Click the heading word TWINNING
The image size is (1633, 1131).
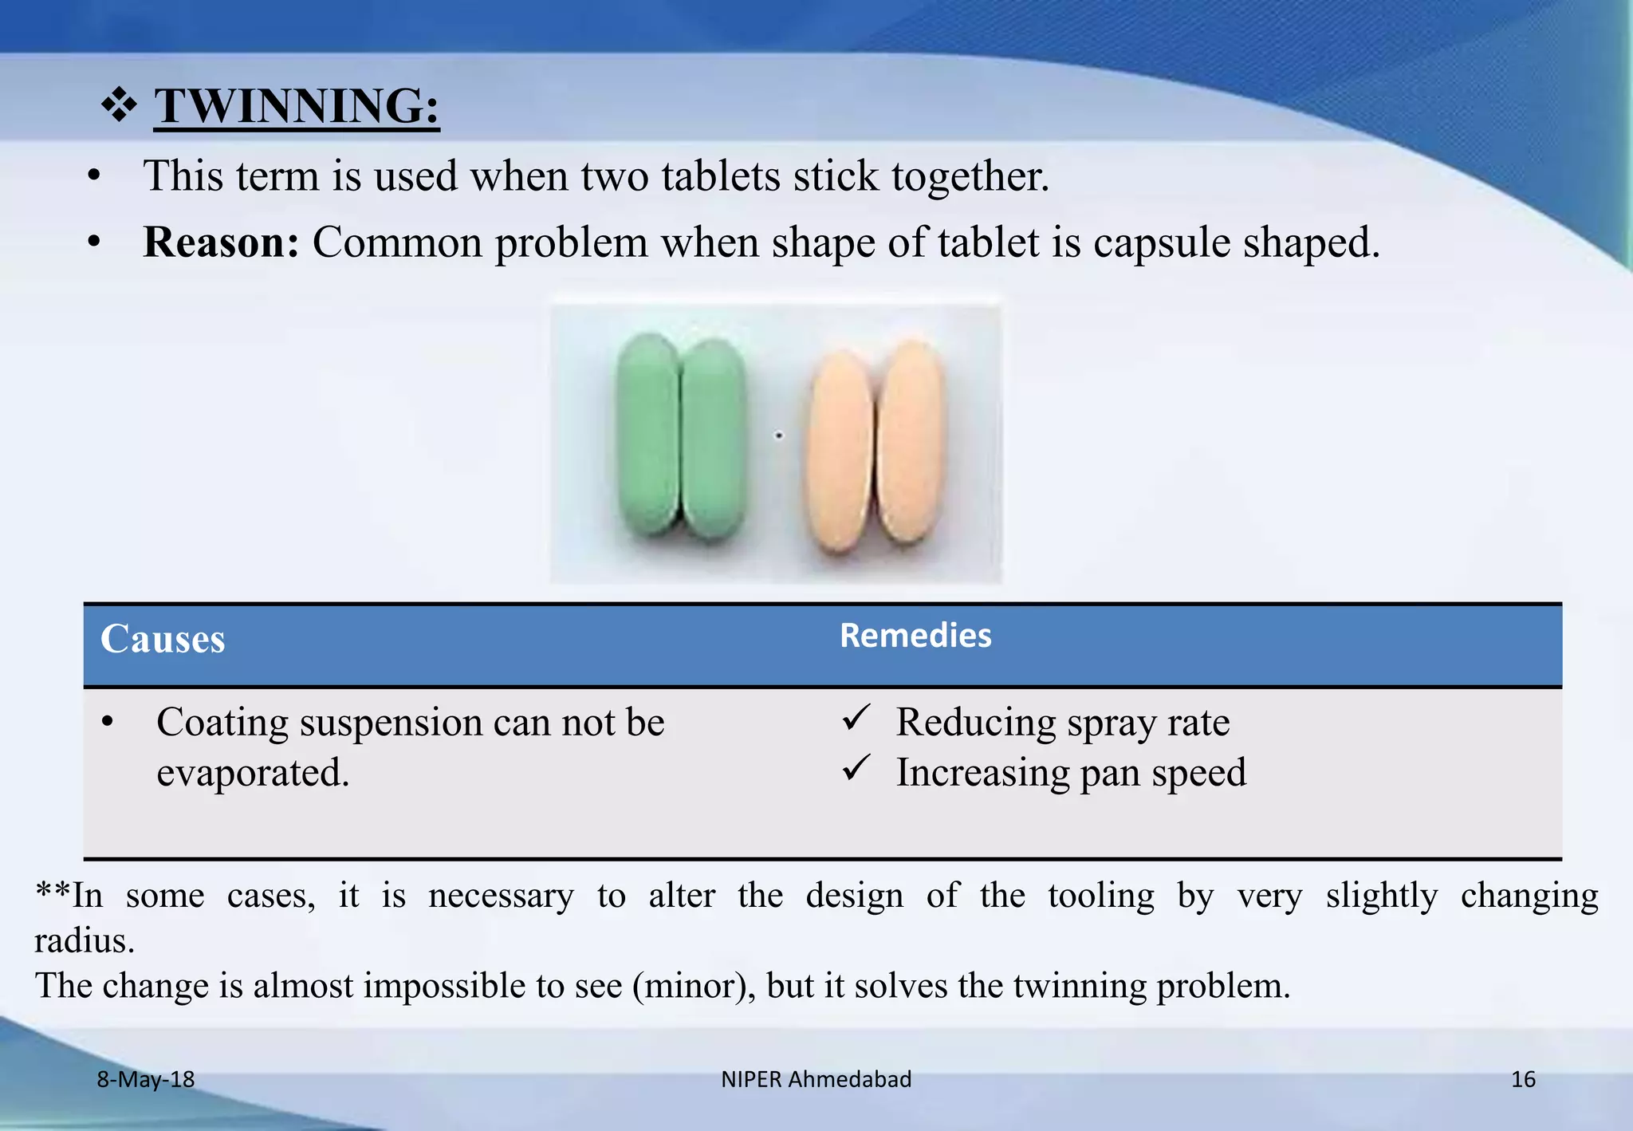click(x=296, y=106)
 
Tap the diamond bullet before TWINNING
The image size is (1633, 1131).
click(x=119, y=106)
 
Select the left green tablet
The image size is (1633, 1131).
click(x=648, y=434)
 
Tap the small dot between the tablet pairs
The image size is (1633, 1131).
click(x=779, y=435)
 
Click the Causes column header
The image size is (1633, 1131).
click(x=163, y=640)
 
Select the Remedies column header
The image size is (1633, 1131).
click(x=915, y=636)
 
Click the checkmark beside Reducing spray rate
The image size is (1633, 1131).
click(x=856, y=718)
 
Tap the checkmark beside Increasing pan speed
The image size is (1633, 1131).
click(x=856, y=768)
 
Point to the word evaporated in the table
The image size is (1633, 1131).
click(x=253, y=773)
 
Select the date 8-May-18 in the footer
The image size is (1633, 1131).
click(x=146, y=1079)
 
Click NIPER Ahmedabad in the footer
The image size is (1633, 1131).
click(x=816, y=1079)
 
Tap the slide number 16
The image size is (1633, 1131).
click(x=1523, y=1079)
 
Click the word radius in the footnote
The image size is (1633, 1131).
click(x=84, y=941)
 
